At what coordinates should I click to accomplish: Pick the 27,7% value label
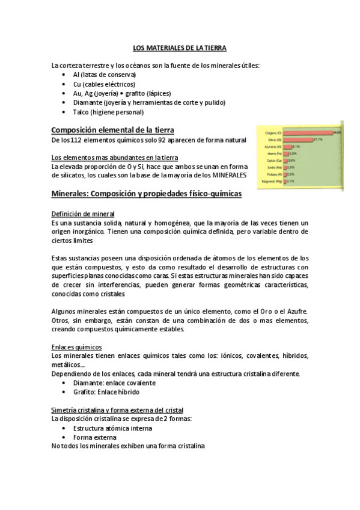coord(318,140)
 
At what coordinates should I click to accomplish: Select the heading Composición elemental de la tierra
coord(113,130)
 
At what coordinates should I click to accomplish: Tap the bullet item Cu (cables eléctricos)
coord(104,84)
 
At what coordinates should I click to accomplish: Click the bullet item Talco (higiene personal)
coord(108,112)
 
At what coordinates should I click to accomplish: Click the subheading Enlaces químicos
coord(77,347)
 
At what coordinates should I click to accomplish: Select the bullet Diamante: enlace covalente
coord(114,382)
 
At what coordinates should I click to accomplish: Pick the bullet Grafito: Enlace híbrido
coord(110,392)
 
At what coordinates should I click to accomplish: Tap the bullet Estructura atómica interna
coord(112,428)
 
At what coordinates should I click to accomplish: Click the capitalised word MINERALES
coord(225,175)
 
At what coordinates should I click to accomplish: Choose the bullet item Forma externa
coord(96,437)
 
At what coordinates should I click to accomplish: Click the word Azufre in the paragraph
coord(296,311)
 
